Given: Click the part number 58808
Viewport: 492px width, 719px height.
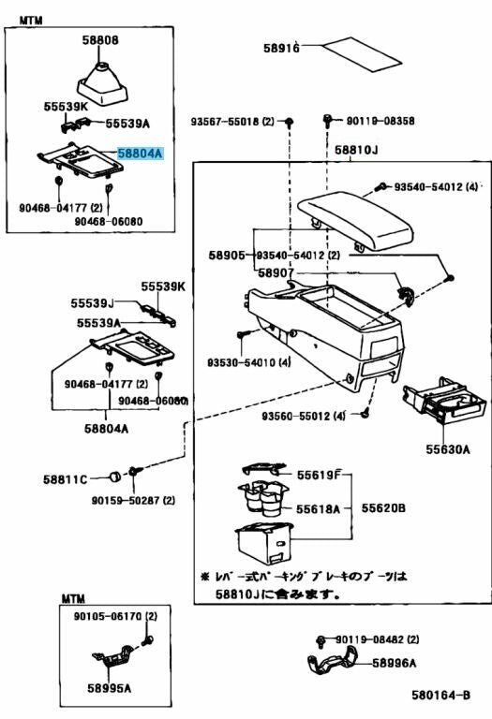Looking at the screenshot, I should point(100,40).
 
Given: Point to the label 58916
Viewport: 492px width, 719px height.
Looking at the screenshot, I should point(281,49).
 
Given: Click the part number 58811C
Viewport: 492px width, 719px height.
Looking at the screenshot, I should point(65,480).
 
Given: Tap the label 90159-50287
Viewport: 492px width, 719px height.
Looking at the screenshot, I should point(132,501).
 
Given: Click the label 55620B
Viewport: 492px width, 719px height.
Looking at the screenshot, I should point(385,508).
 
